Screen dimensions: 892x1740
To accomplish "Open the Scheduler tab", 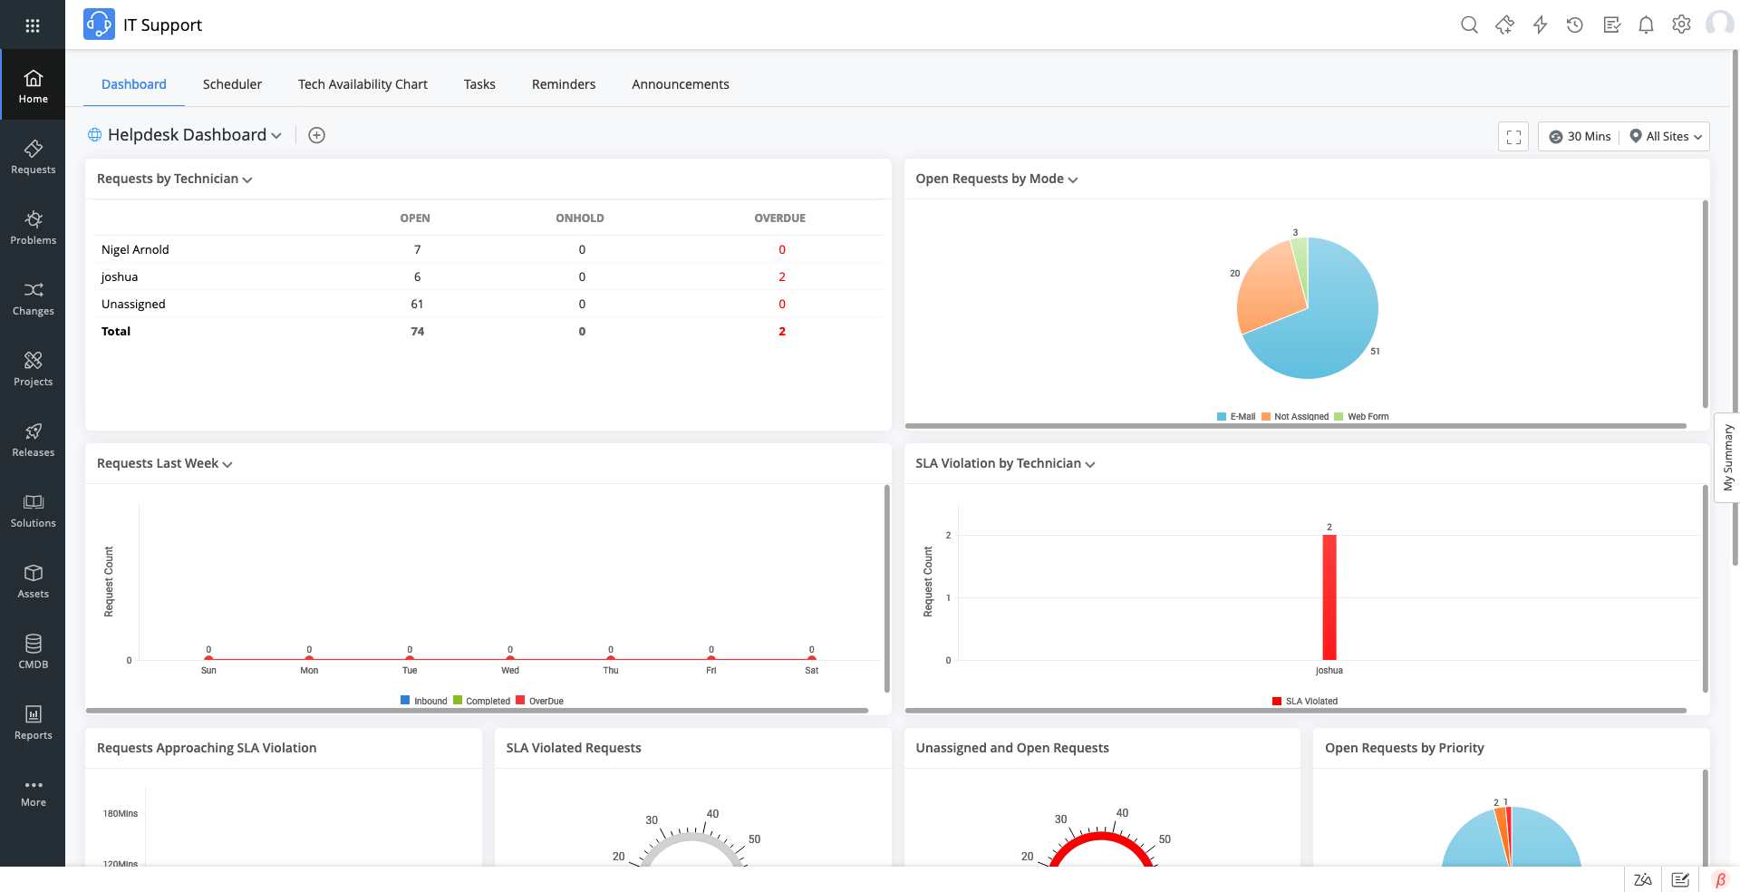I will pos(232,84).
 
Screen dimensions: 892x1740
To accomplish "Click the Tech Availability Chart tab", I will pos(362,84).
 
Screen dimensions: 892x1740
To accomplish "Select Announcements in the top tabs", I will pos(680,84).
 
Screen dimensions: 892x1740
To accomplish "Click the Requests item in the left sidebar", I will pos(33,157).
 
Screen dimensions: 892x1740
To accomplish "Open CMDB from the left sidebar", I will pos(33,652).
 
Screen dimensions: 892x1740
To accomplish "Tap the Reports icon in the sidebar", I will pos(33,722).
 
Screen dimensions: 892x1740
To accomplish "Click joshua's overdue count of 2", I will pos(781,276).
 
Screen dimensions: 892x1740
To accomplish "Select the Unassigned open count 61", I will pos(417,304).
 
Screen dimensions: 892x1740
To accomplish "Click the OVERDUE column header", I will pos(779,218).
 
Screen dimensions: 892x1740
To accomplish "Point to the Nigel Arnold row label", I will pos(135,249).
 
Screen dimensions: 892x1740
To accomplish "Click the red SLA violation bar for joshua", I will pos(1329,598).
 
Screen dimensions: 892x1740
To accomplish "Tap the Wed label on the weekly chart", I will pos(510,671).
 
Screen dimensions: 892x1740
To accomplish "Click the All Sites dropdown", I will pos(1667,137).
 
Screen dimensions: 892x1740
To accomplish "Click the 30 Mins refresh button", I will pos(1580,137).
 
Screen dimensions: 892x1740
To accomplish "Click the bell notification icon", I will pos(1646,25).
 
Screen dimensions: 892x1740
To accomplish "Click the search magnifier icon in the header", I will pos(1469,25).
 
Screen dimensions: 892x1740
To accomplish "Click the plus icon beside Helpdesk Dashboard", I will pos(316,135).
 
